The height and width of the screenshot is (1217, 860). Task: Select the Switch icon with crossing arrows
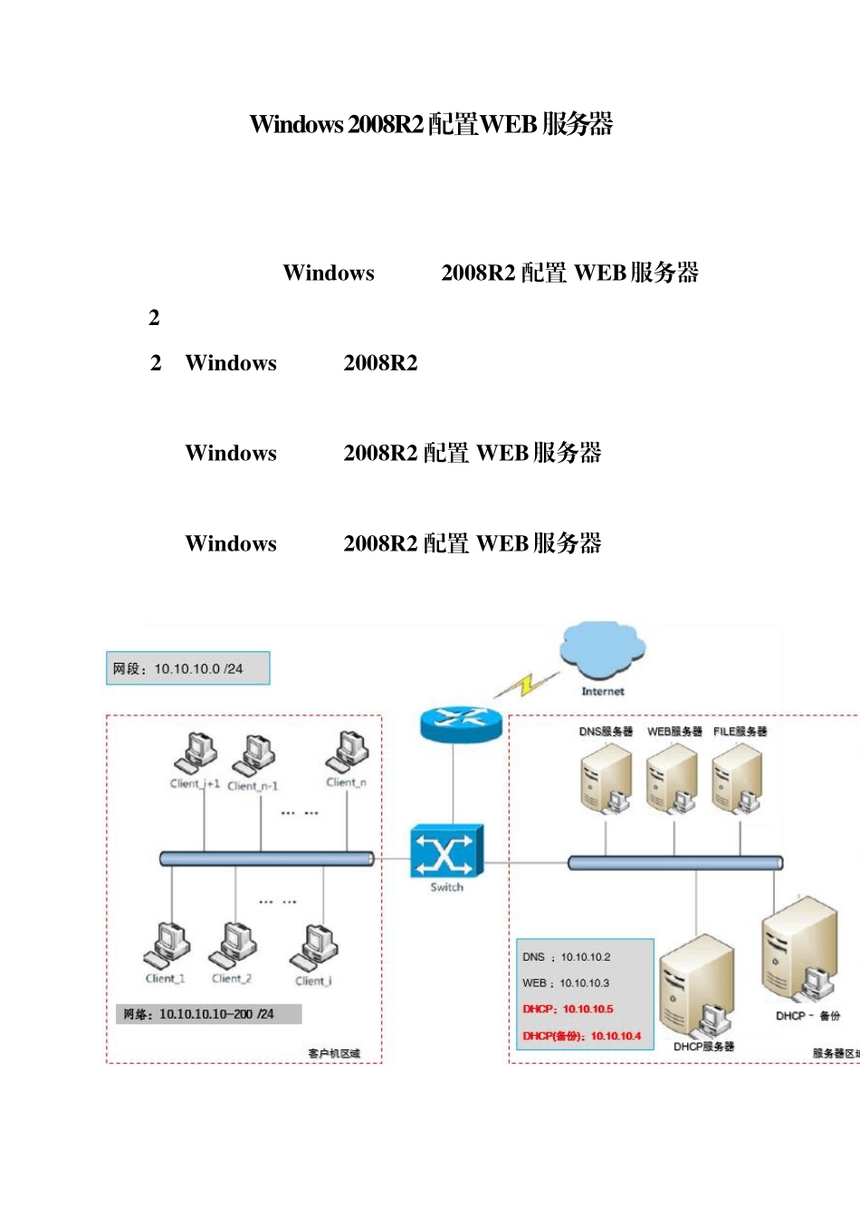coord(446,851)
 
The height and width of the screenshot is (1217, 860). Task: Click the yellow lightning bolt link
coord(526,685)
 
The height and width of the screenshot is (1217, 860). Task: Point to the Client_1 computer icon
coord(167,945)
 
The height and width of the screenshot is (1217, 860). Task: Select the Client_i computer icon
coord(315,947)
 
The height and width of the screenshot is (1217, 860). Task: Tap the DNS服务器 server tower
coord(606,777)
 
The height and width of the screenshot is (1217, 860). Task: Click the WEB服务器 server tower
coord(672,777)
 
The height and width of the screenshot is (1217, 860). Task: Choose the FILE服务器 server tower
coord(738,777)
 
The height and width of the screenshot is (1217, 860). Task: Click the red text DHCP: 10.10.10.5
coord(568,1009)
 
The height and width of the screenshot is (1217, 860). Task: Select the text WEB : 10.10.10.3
coord(566,982)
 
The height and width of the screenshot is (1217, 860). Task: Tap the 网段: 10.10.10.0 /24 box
coord(188,668)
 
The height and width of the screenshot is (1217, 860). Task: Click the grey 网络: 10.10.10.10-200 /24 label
coord(208,1014)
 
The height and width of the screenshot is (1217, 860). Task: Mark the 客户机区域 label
coord(334,1053)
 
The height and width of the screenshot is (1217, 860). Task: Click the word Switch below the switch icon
coord(446,887)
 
